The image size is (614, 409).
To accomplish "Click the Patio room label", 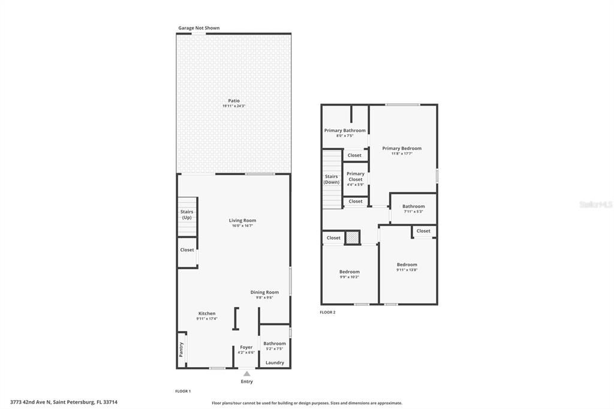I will (234, 101).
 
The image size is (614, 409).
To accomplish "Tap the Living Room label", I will (243, 221).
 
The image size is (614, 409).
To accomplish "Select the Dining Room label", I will (264, 293).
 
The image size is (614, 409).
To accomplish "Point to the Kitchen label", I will (207, 314).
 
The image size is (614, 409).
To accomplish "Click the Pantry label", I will (181, 350).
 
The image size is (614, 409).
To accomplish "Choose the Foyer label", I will (246, 347).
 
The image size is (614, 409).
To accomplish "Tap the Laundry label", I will (275, 363).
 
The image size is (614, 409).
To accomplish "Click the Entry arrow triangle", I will (246, 374).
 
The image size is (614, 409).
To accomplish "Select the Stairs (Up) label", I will (186, 215).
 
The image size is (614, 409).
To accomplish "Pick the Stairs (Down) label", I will (332, 179).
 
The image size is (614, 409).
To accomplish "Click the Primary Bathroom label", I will (345, 131).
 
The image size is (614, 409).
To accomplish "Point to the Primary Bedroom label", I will (402, 149).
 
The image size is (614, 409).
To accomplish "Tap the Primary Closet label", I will (356, 176).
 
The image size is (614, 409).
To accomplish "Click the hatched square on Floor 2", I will (353, 238).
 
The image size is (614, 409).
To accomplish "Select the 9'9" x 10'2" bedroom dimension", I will (350, 277).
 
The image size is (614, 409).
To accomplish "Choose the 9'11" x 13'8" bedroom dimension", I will (407, 270).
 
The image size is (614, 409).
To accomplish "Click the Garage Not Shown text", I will (199, 28).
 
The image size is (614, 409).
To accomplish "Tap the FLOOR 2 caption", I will (327, 312).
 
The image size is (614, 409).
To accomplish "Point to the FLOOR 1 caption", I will (183, 391).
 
